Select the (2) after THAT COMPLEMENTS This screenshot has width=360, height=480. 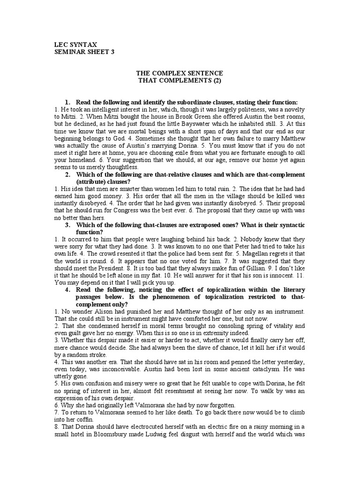pyautogui.click(x=214, y=81)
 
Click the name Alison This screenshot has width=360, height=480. pyautogui.click(x=96, y=312)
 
